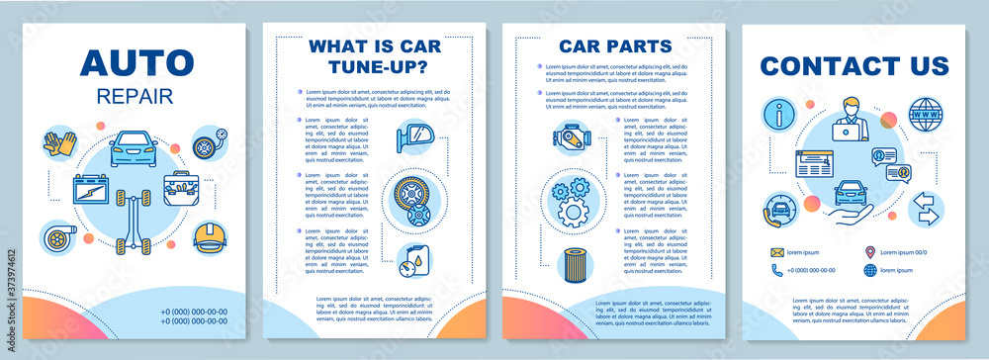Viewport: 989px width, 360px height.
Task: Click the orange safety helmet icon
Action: tap(209, 236)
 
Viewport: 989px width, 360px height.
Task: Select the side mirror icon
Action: tap(410, 138)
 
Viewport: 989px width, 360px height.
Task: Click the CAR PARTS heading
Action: tap(614, 45)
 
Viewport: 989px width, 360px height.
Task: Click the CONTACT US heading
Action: tap(854, 66)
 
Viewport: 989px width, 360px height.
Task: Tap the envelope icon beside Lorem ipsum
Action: tap(778, 252)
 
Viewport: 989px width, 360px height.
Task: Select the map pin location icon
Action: tap(869, 252)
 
